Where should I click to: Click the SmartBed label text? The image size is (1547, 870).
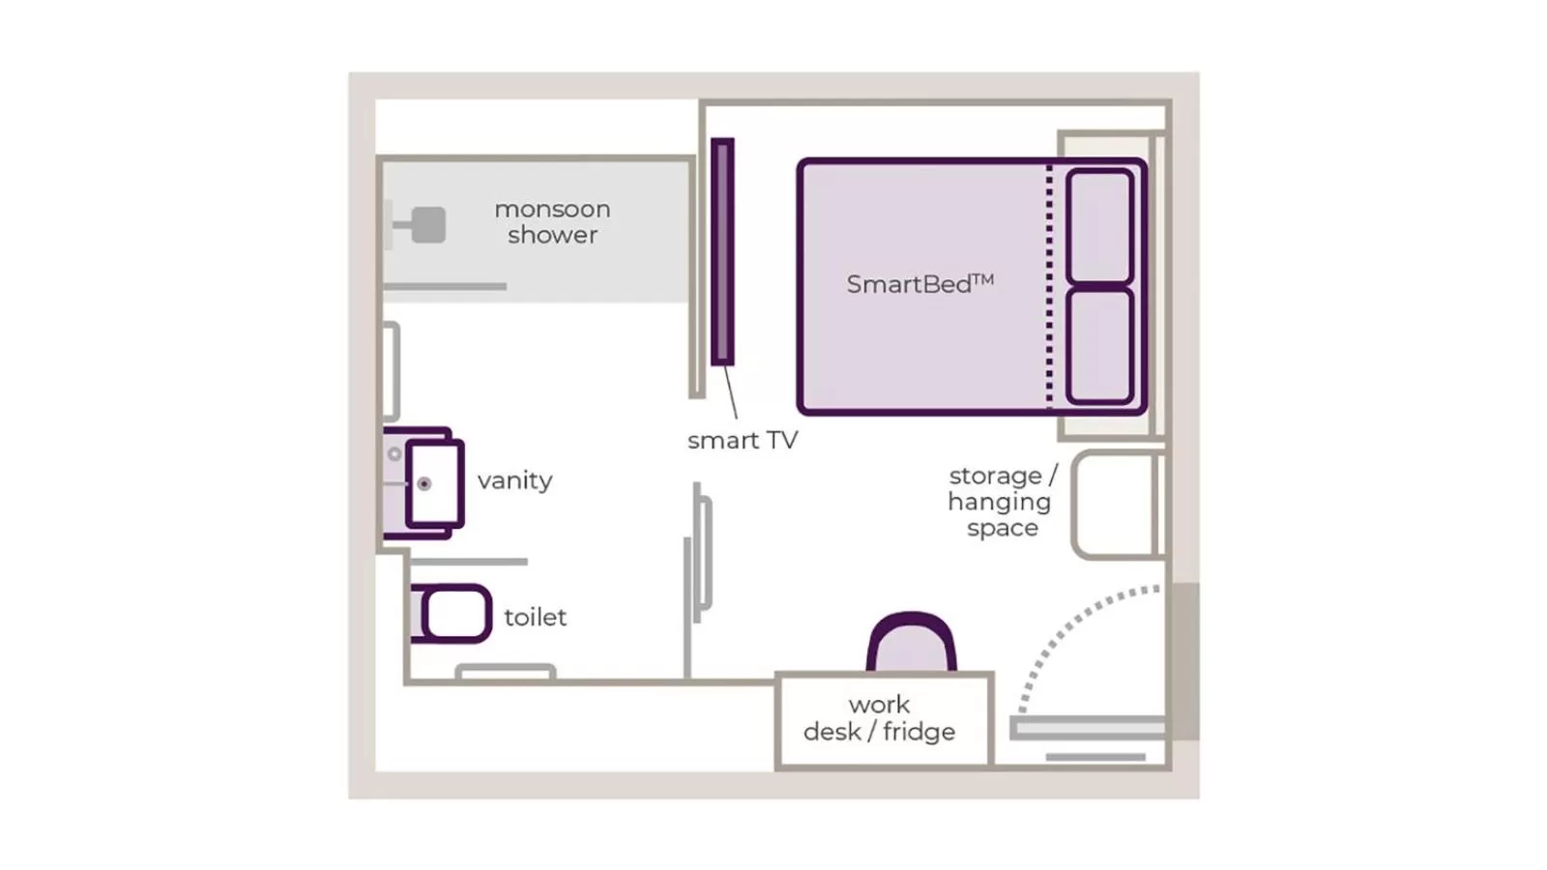(x=919, y=284)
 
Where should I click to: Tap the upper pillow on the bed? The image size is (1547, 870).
(x=1099, y=226)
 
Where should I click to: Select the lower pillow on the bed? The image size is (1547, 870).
(x=1099, y=345)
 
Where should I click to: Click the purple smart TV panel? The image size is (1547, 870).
(x=722, y=251)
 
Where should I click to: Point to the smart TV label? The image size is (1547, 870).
(x=743, y=441)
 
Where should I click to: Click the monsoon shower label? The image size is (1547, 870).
(x=552, y=222)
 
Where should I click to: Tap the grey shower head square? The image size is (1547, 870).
(x=428, y=225)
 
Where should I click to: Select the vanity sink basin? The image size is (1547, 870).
(x=433, y=483)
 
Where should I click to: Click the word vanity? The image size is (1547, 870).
(x=514, y=480)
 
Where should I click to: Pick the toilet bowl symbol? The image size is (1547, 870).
(x=453, y=614)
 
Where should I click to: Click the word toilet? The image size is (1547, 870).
(x=535, y=617)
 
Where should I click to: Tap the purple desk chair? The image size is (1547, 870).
(x=911, y=643)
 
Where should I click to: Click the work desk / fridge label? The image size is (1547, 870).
(x=880, y=718)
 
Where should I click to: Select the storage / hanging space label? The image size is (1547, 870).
(x=1001, y=502)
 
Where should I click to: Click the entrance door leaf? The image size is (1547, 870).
(x=1088, y=728)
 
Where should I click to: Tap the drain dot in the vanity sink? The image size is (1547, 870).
(x=423, y=483)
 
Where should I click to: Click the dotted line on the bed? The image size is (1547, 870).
(x=1049, y=287)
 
